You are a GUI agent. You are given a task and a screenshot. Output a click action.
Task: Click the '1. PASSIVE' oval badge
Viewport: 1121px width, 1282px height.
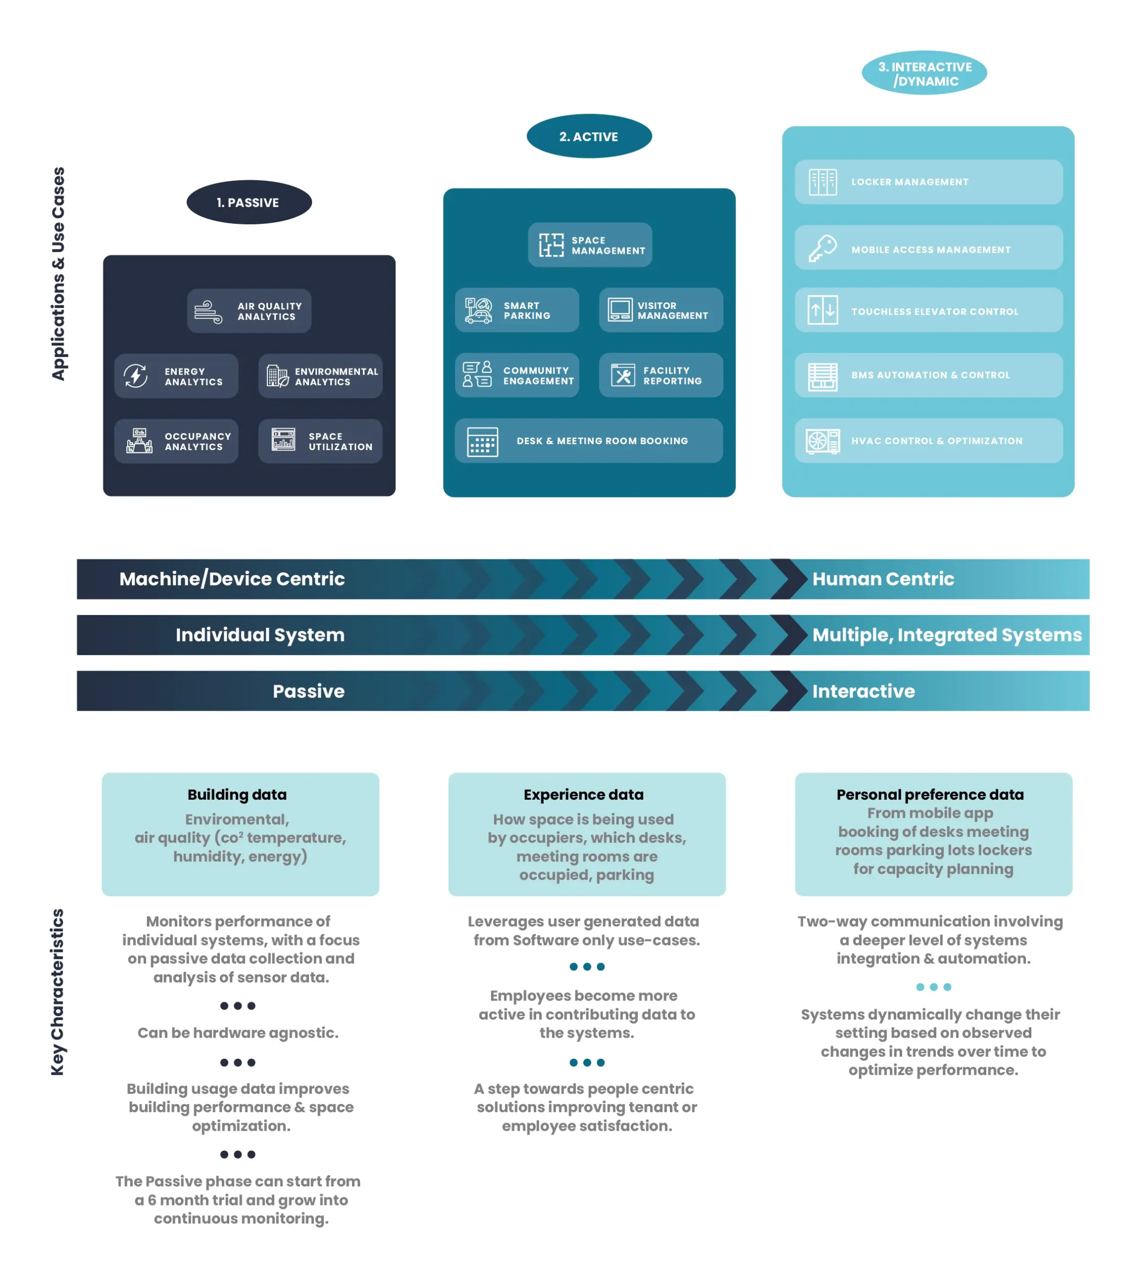(249, 202)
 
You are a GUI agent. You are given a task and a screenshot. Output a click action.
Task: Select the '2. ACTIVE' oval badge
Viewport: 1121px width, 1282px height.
(589, 136)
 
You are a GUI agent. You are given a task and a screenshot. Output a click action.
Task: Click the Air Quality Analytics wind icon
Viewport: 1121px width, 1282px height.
(208, 311)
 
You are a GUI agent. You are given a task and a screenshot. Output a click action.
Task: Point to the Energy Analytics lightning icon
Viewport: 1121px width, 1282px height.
(136, 376)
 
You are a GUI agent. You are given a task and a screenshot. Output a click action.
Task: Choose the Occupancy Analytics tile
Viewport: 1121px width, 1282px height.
(176, 441)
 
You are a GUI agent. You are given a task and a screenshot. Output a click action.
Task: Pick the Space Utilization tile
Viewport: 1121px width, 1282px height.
(320, 441)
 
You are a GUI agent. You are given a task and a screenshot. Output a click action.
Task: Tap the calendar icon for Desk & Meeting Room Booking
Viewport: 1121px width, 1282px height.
(482, 442)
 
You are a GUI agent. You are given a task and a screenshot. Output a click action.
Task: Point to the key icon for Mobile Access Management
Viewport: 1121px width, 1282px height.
(823, 248)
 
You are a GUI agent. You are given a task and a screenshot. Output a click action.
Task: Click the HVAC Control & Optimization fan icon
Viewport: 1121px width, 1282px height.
(823, 441)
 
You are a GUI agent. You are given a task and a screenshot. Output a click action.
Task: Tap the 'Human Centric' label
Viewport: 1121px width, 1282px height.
(883, 579)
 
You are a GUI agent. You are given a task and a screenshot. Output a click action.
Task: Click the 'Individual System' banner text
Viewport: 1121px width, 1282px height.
(260, 634)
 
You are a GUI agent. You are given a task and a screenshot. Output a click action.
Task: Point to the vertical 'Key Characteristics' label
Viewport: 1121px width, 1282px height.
(57, 992)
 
